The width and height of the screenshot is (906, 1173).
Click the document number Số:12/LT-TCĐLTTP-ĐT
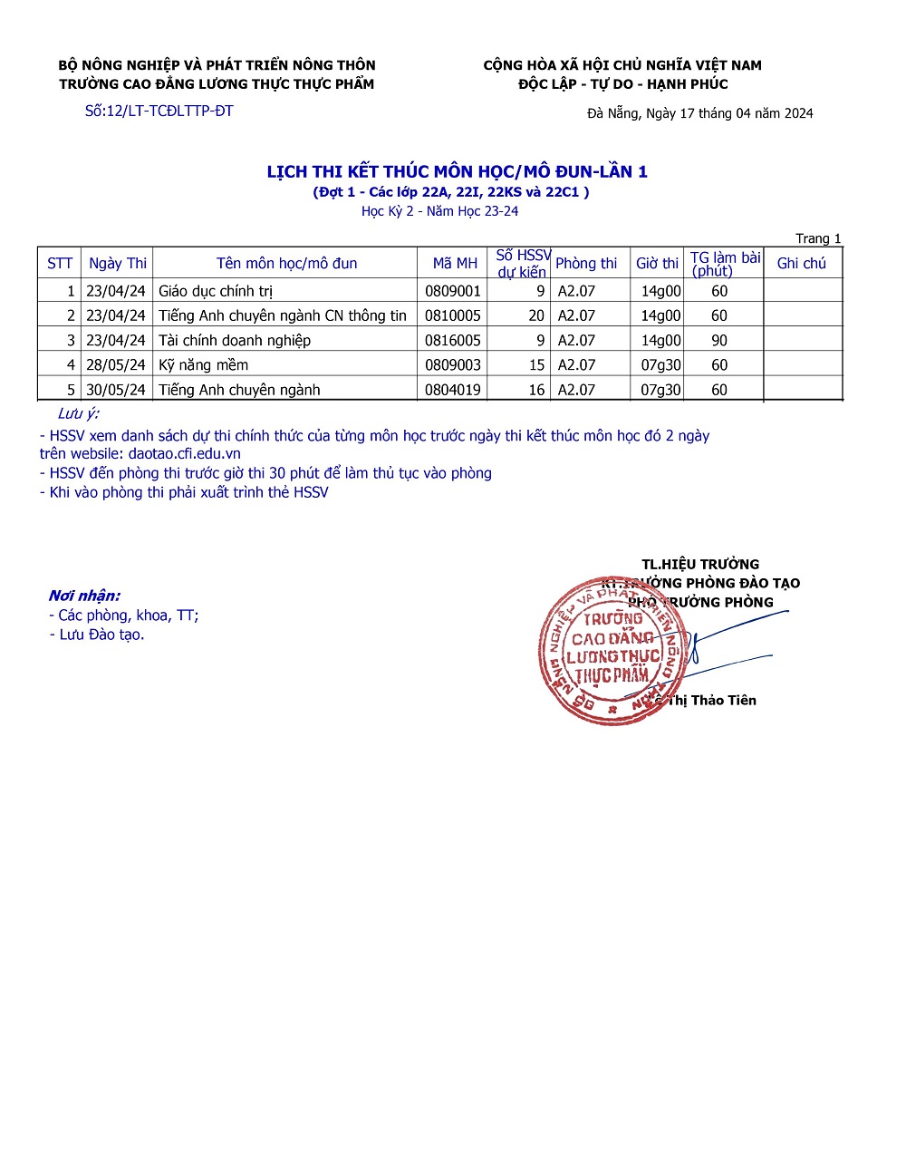(159, 111)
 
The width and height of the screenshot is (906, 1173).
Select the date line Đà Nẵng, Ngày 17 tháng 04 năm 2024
(699, 113)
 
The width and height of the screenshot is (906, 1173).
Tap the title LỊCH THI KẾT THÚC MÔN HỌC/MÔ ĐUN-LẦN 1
(457, 171)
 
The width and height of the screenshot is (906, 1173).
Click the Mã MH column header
(454, 263)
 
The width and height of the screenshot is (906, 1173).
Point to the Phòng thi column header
(585, 263)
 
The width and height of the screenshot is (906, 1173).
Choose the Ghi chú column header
(801, 263)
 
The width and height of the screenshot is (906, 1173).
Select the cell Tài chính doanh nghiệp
(235, 340)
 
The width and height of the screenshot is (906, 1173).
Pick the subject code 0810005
(453, 315)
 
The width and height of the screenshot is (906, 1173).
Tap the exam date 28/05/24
(115, 364)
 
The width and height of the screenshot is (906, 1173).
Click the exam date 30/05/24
(115, 390)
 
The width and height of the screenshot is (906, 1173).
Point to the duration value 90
(719, 340)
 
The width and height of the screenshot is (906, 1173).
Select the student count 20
(536, 315)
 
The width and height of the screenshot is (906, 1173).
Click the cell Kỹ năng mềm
(203, 364)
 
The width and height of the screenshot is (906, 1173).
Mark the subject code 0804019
(453, 390)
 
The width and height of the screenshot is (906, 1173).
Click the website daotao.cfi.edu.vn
(184, 453)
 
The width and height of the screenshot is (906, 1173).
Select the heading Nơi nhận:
(84, 596)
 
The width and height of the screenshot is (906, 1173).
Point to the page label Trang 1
(818, 238)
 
